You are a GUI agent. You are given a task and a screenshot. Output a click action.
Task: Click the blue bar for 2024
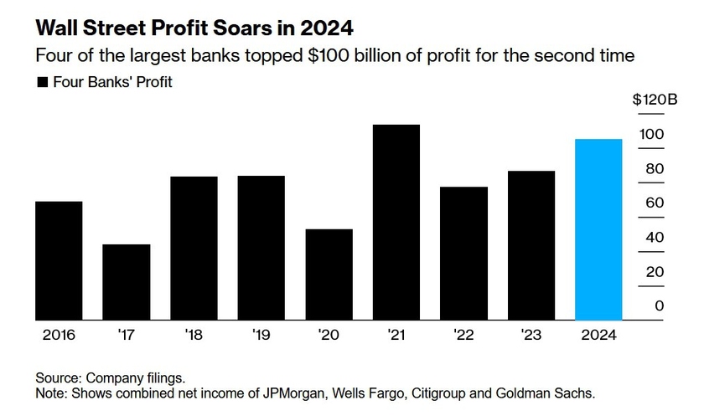598,229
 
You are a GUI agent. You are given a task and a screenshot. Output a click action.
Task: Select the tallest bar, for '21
396,222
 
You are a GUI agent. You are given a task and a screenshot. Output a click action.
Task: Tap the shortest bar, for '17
127,282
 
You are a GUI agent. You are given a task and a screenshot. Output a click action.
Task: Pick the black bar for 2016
59,260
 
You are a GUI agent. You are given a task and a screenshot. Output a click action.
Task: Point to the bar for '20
329,275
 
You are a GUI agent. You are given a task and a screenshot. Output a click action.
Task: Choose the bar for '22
463,253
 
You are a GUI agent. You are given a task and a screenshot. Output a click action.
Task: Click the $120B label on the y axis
655,100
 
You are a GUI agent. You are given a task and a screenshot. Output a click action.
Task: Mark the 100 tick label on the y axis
653,134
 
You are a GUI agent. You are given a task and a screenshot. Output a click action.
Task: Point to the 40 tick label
655,238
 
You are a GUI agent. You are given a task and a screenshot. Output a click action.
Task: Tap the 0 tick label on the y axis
659,306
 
